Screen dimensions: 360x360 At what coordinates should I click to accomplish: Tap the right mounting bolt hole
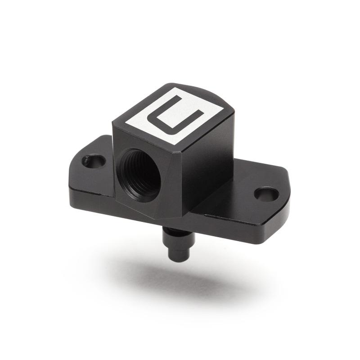(266, 194)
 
